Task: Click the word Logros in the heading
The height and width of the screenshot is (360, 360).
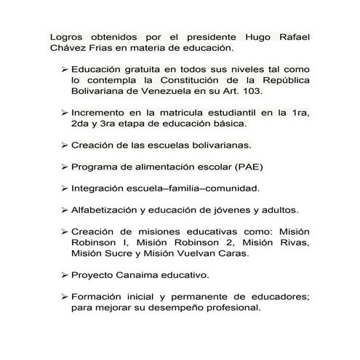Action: (x=67, y=36)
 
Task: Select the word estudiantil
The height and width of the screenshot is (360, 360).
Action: (x=222, y=113)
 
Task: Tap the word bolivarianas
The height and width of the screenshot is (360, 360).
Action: (x=218, y=145)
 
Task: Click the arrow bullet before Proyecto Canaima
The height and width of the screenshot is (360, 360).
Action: (x=63, y=276)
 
